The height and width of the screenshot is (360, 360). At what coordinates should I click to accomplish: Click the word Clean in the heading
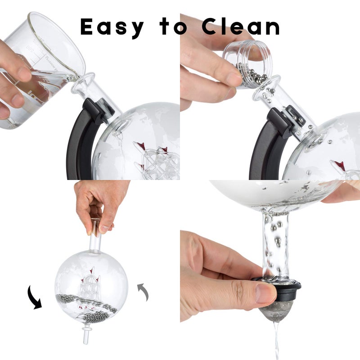coord(240,26)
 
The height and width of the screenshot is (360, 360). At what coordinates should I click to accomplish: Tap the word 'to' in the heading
coord(174,26)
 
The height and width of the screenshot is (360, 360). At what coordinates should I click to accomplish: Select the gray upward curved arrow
coord(144,291)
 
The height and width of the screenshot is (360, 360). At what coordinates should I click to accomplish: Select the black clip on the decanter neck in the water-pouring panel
coord(98,111)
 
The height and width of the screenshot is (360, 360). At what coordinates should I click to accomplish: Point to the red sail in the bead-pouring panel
coord(340,166)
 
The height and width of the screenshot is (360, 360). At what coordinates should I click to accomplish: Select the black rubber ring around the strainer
coord(277,288)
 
